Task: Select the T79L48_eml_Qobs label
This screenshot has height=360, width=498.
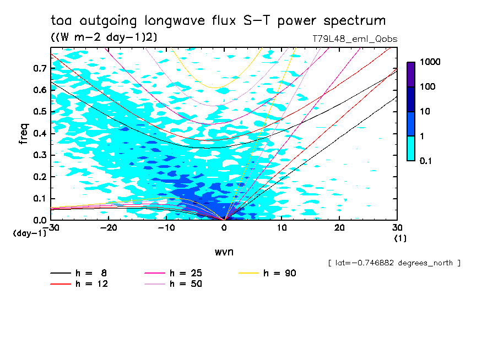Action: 354,39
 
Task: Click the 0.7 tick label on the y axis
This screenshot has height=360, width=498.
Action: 40,68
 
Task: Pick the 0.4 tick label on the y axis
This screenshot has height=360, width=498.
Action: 40,134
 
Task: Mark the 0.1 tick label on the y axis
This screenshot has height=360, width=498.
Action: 40,199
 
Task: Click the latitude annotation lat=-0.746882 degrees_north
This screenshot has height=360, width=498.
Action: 394,263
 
